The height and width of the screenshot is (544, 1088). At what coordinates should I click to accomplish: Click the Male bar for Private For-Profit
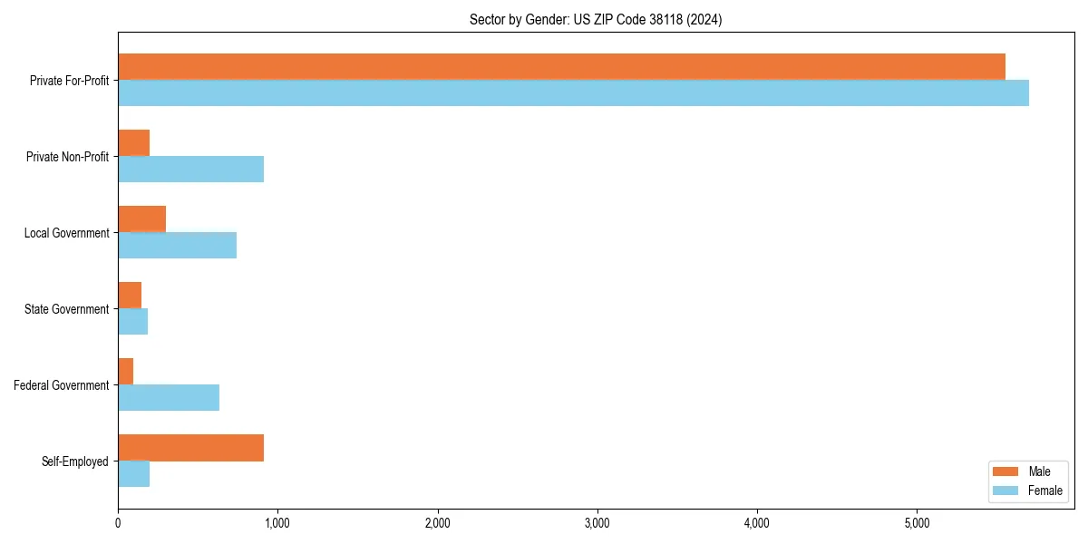coord(561,66)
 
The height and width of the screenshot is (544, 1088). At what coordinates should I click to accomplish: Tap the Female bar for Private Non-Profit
coord(190,169)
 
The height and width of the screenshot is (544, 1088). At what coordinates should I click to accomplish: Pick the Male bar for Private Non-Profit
coord(133,142)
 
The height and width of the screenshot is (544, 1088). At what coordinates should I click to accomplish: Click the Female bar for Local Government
coord(177,245)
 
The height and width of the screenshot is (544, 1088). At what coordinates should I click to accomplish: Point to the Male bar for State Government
coord(130,296)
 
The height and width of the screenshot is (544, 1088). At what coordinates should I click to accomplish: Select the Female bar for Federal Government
coord(169,397)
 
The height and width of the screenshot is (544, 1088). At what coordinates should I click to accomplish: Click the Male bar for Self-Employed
coord(190,448)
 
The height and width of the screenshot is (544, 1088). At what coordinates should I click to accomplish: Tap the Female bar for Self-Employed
coord(133,473)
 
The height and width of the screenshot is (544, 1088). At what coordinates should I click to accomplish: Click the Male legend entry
coord(1026,471)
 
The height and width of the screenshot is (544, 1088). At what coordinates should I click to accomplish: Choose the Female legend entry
coord(1026,491)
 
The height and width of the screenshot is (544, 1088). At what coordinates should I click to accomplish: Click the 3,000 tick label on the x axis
coord(597,523)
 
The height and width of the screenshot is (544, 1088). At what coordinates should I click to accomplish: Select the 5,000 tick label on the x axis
coord(917,523)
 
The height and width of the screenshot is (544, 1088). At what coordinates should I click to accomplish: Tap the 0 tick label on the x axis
coord(118,523)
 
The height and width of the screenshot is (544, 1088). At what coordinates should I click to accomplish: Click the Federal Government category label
coord(62,385)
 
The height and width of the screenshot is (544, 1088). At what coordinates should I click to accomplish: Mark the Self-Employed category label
coord(75,461)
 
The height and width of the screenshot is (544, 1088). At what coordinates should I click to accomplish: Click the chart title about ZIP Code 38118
coord(596,19)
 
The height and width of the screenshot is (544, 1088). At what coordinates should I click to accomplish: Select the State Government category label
coord(67,309)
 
